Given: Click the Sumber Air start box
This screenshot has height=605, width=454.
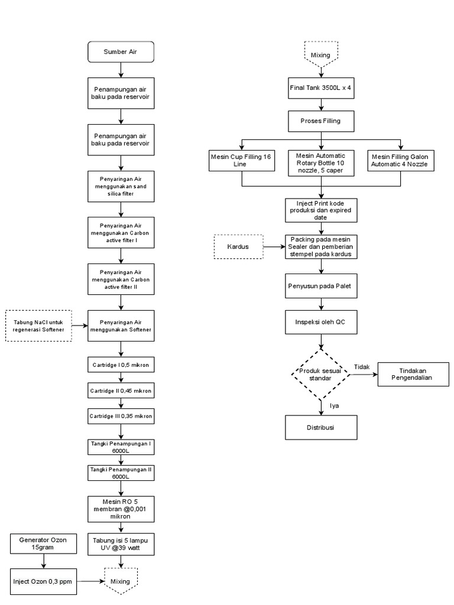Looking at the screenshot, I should coord(121,52).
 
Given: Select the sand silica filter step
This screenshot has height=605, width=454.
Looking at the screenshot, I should coord(121,186).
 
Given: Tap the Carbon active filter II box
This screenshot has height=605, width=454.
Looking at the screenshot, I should coord(121,279).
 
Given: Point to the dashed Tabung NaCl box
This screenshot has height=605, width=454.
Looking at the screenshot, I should coord(38,326).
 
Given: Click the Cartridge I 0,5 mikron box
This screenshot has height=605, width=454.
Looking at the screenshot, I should coord(121,365).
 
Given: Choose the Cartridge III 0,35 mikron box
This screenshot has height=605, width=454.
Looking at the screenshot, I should coord(121,416).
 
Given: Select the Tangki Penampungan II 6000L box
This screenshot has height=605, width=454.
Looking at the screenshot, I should coord(121,472).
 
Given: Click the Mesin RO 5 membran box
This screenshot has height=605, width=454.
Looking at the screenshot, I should coord(121,508).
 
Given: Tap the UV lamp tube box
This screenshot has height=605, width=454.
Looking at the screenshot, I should coord(121,544).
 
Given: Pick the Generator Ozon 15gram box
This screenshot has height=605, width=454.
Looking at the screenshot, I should coord(43,544).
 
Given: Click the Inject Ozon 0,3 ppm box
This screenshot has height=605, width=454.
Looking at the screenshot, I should coord(43,581).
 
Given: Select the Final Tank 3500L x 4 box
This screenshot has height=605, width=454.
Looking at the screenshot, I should coord(321,88).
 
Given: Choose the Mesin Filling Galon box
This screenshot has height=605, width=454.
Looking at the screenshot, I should coord(401,160).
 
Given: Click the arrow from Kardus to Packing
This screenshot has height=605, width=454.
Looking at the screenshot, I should coord(273,246).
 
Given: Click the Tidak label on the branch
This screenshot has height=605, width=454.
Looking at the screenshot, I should coord(361,367).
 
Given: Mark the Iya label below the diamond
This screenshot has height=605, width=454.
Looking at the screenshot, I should coord(334,405).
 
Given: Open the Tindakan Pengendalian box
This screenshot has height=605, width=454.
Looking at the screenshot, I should coord(411,373).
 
